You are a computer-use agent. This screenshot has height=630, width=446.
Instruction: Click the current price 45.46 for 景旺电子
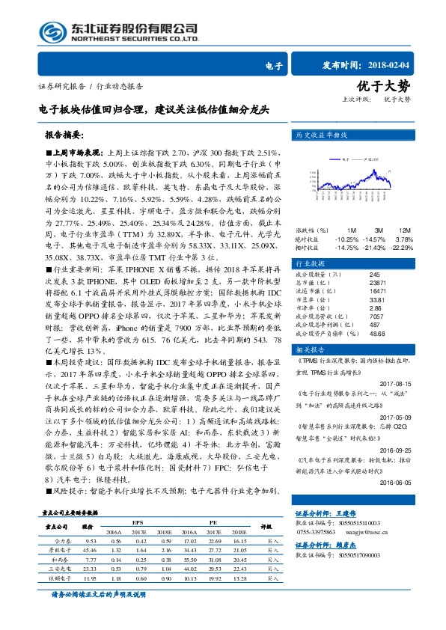[x=92, y=549]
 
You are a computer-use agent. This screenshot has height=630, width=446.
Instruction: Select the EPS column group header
[x=137, y=522]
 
